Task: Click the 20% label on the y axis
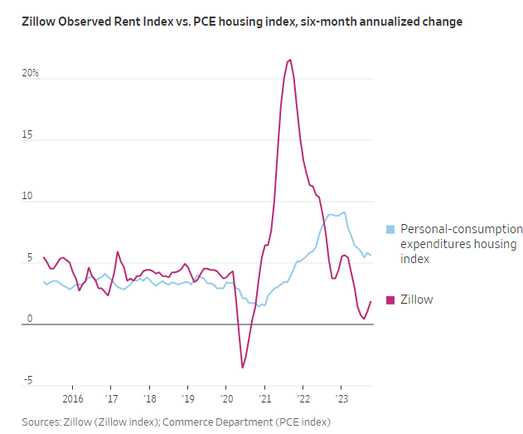tap(31, 74)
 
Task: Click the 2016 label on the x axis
tap(72, 397)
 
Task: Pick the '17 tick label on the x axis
tap(111, 397)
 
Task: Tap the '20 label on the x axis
tap(226, 397)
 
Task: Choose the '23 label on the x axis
tap(341, 397)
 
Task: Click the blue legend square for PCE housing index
tap(390, 229)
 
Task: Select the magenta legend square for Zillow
tap(390, 300)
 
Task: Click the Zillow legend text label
tap(417, 300)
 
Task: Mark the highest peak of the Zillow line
tap(289, 60)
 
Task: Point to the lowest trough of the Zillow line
tap(243, 368)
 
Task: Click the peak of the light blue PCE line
tap(344, 212)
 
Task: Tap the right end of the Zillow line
tap(370, 301)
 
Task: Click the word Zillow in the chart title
tap(40, 22)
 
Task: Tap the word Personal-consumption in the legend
tap(462, 229)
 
